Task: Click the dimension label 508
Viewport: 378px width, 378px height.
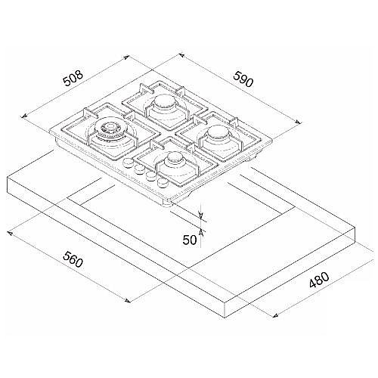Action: point(73,78)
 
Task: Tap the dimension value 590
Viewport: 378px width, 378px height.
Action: point(243,79)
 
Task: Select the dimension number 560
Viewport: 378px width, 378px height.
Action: point(73,259)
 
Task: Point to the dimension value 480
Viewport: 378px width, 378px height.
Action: point(319,280)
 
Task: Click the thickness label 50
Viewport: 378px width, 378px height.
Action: point(190,240)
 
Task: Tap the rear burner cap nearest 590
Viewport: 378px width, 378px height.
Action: point(165,101)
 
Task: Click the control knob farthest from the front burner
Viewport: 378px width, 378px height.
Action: point(128,163)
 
